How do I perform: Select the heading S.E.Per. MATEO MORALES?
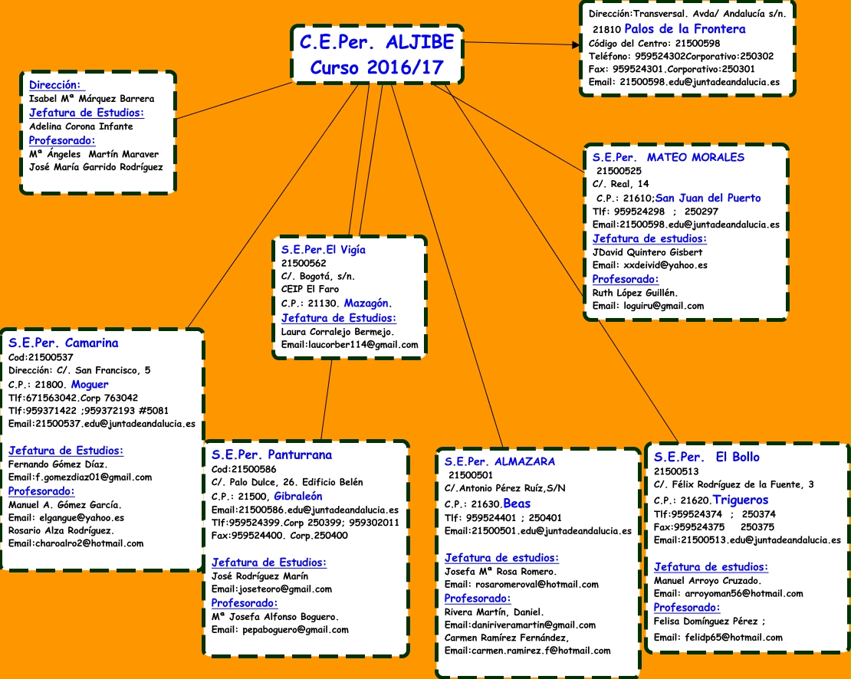click(669, 157)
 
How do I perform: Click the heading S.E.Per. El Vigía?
click(324, 249)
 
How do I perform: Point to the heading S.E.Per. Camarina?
click(64, 343)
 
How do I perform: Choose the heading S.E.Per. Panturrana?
click(271, 454)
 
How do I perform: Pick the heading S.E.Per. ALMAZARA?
click(500, 461)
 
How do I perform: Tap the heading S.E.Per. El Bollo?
click(707, 457)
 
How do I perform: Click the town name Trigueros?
click(742, 500)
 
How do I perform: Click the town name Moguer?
click(90, 384)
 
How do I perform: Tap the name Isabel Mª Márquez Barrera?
click(91, 99)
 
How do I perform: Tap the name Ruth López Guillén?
click(635, 292)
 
